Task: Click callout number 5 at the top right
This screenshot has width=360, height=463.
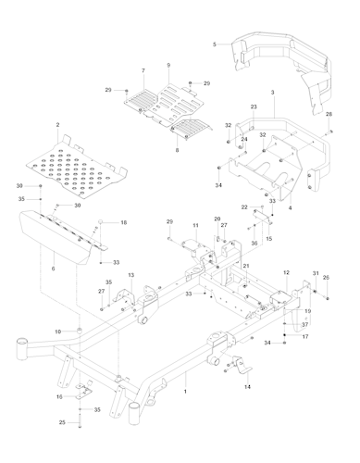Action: pyautogui.click(x=214, y=44)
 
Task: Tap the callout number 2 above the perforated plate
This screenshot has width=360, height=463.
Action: pyautogui.click(x=57, y=125)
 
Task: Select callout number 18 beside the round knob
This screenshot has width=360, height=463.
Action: pyautogui.click(x=124, y=223)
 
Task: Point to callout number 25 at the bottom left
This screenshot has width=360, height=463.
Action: pyautogui.click(x=63, y=422)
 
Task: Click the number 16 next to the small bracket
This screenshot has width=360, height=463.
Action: pyautogui.click(x=60, y=396)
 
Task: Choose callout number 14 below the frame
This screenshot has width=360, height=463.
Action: pyautogui.click(x=246, y=385)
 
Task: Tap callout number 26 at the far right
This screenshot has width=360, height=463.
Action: pyautogui.click(x=325, y=277)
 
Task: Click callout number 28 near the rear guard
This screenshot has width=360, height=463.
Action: pyautogui.click(x=328, y=114)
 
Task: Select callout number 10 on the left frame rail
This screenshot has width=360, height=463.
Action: pyautogui.click(x=57, y=331)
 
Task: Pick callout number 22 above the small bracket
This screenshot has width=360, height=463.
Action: pyautogui.click(x=244, y=206)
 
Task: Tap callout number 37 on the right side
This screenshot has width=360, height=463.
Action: pyautogui.click(x=304, y=324)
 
